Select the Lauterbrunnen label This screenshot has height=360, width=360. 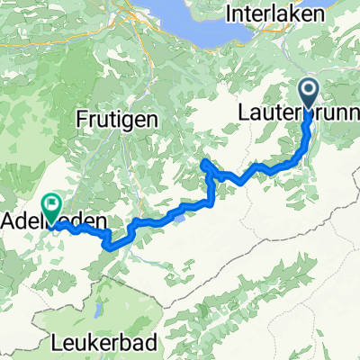click(297, 113)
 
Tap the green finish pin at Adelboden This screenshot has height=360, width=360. click(50, 208)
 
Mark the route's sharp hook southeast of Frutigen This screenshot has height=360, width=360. click(206, 163)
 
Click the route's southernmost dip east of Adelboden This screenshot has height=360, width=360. click(110, 244)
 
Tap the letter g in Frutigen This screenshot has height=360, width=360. click(129, 121)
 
